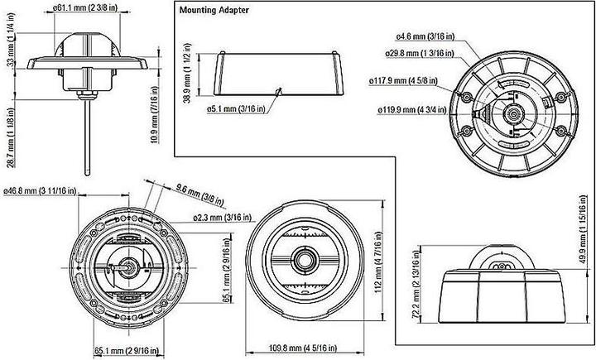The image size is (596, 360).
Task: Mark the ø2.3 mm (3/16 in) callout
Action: (222, 217)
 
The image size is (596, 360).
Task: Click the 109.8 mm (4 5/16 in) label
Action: (305, 348)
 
